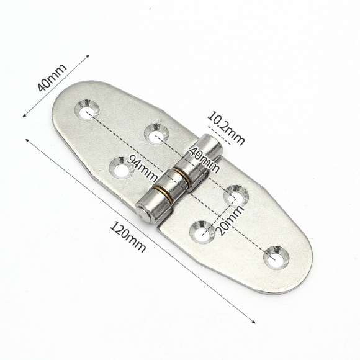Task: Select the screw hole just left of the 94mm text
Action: (x=119, y=166)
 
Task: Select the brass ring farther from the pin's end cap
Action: (x=184, y=178)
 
